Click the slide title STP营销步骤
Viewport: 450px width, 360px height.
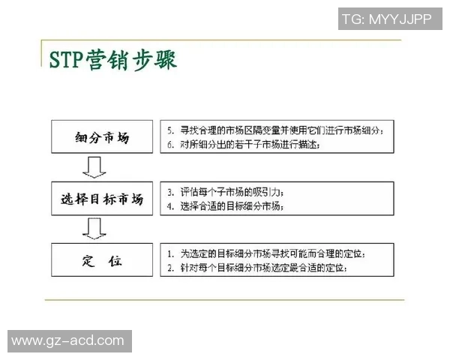(x=112, y=59)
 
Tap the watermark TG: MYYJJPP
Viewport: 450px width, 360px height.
(x=386, y=19)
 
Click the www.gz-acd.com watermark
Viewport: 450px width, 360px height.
(x=67, y=340)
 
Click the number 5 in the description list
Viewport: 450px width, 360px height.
(x=171, y=130)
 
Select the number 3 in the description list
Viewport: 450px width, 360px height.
(x=171, y=192)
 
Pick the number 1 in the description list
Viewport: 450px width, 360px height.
(x=171, y=253)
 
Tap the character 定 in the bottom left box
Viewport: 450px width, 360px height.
(x=88, y=261)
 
